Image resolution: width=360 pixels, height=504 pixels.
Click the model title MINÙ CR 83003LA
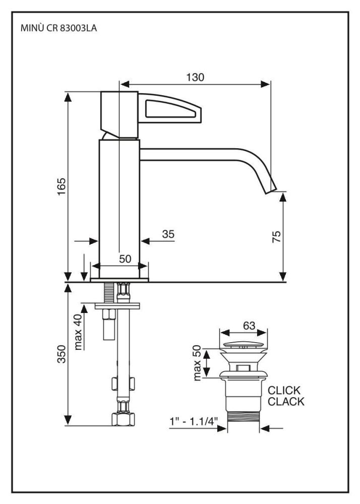pos(58,29)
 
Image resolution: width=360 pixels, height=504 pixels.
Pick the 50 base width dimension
pos(125,259)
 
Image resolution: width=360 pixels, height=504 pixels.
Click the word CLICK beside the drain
pos(284,391)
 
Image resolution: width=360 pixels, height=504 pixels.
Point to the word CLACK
pos(286,402)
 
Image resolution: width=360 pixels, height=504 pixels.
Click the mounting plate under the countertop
pos(119,305)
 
